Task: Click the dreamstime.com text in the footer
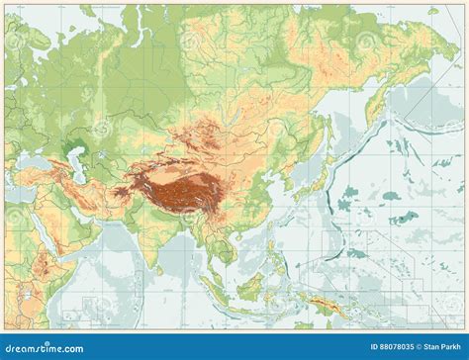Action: coord(46,347)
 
